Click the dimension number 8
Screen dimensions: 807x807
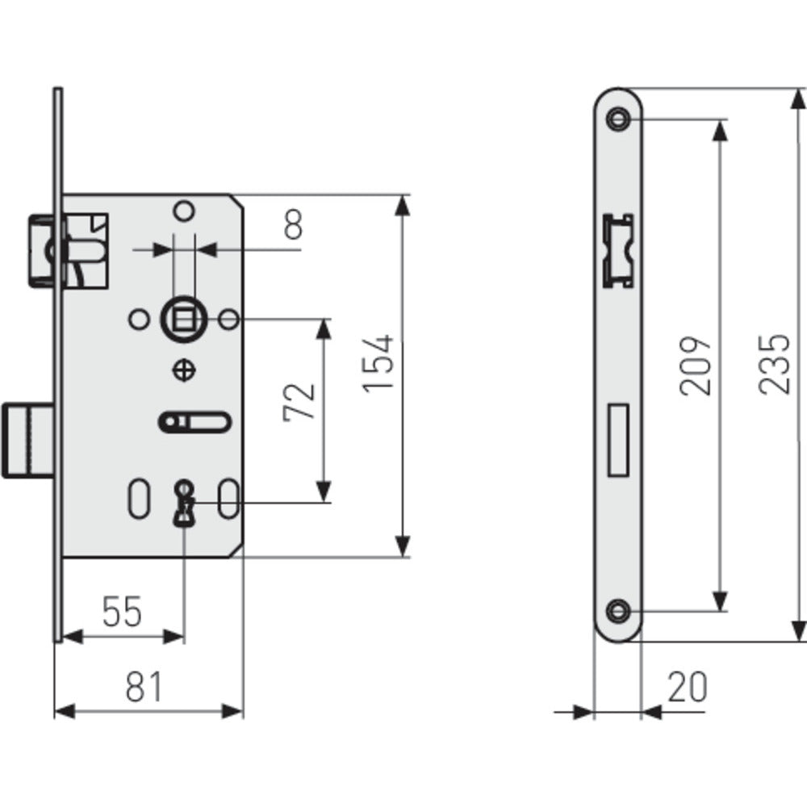[293, 225]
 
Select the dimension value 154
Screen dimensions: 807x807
[378, 363]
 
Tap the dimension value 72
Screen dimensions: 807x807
[299, 401]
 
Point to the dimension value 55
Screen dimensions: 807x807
[122, 612]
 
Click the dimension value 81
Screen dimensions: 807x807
[145, 687]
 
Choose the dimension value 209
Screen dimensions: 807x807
[696, 365]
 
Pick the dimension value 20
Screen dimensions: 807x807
[687, 687]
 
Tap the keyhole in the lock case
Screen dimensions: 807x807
[184, 502]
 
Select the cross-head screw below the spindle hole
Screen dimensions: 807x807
[184, 370]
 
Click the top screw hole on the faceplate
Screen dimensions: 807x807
[619, 119]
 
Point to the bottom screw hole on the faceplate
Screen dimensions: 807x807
[619, 611]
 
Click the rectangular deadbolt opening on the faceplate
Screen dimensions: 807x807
[618, 441]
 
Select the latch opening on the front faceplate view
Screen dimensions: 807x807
[618, 250]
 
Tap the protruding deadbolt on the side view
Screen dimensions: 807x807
[28, 441]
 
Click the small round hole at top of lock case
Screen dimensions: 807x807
[184, 211]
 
